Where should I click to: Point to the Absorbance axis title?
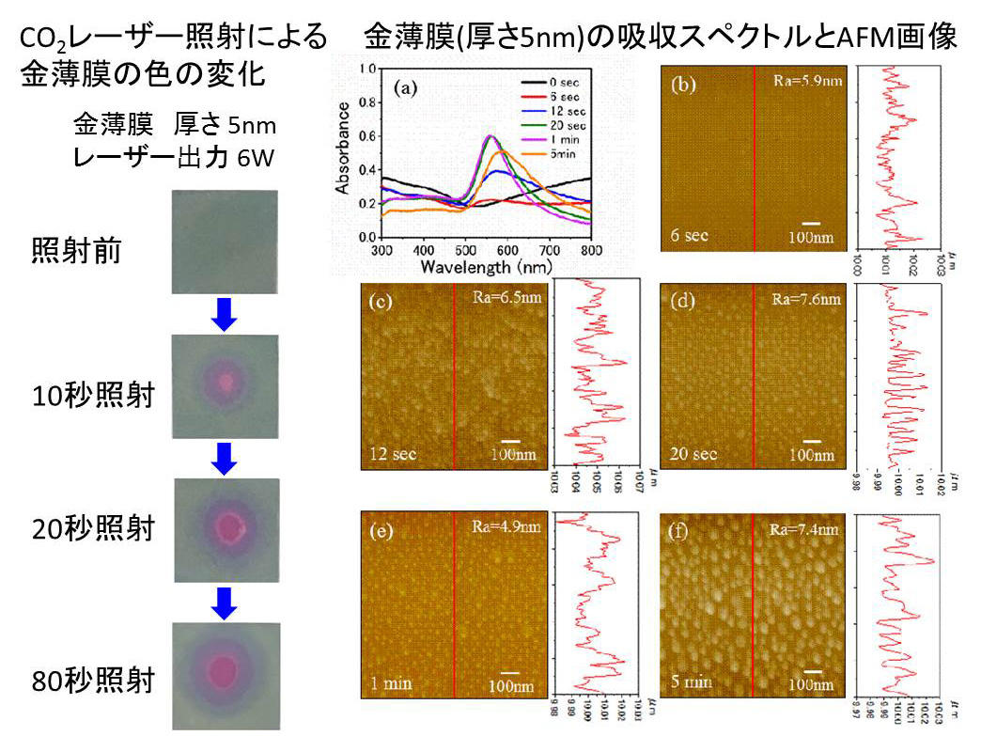[346, 153]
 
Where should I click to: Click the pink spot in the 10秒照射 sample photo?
[226, 382]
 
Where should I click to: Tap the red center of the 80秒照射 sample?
[224, 670]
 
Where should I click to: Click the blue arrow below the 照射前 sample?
[224, 314]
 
